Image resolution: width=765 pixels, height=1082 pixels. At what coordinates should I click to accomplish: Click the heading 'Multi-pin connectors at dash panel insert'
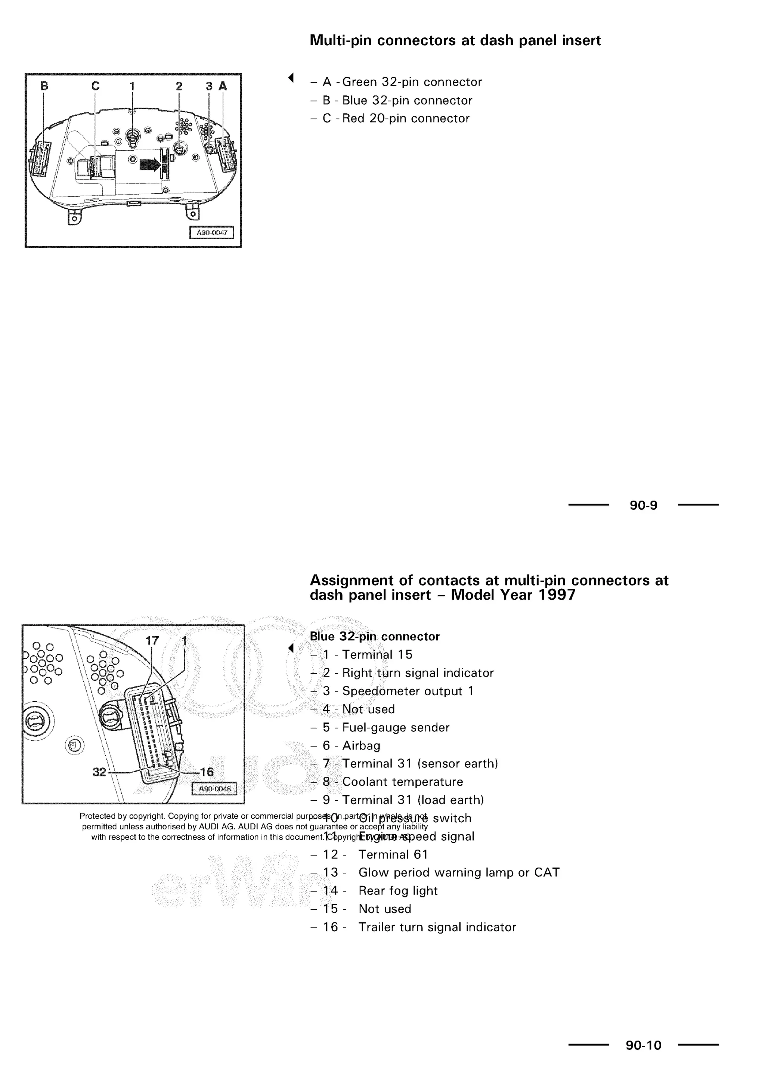(455, 40)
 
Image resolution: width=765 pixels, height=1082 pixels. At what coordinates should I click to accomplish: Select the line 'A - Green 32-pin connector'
(402, 82)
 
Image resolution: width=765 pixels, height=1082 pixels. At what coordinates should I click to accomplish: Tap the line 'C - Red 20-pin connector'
(396, 118)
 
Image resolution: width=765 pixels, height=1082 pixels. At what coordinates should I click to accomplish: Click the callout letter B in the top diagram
(44, 86)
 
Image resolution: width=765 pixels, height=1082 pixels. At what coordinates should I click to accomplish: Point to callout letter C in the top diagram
(96, 86)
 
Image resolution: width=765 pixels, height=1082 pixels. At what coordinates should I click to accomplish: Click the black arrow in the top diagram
(150, 165)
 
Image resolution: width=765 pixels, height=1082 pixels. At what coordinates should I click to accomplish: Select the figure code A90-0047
(211, 233)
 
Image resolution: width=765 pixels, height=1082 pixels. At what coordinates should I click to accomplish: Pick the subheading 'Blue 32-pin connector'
(375, 637)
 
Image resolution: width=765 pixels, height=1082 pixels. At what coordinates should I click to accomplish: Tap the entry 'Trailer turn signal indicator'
(437, 927)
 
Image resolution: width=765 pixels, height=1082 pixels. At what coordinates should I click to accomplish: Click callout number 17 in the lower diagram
(152, 641)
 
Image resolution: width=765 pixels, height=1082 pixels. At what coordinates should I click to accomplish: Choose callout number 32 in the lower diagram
(99, 772)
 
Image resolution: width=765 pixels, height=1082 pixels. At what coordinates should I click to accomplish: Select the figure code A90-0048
(215, 789)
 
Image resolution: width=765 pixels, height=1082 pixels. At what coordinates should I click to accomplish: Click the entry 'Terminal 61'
(393, 854)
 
